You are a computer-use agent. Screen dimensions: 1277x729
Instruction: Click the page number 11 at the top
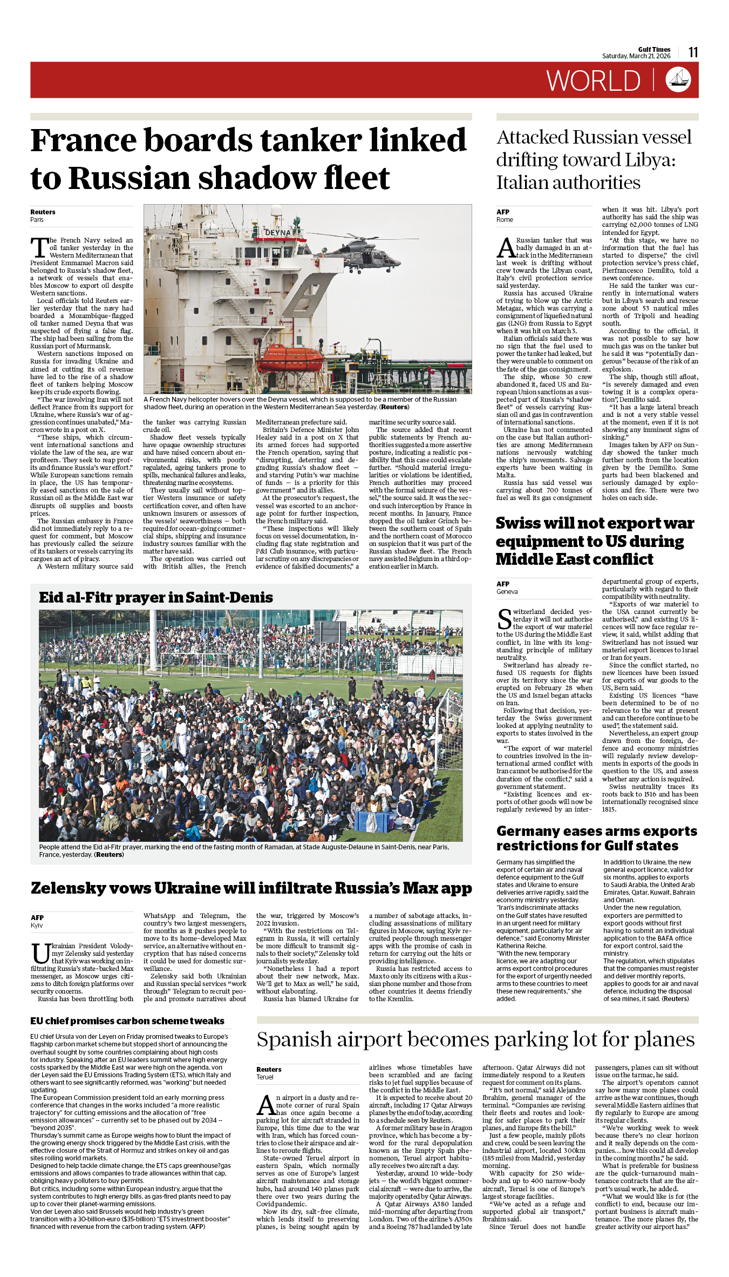(x=693, y=52)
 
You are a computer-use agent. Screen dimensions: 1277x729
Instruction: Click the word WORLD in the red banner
(x=593, y=81)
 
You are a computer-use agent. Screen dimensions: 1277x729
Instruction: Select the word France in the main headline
(x=84, y=140)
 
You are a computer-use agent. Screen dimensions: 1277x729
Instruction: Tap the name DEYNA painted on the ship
(x=278, y=233)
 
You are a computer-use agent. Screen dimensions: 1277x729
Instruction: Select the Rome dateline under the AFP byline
(x=505, y=220)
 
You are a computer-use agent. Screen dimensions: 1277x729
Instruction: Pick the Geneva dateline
(x=507, y=592)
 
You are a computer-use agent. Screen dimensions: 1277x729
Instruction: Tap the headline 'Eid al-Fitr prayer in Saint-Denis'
(x=156, y=597)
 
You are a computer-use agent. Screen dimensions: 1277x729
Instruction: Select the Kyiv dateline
(x=37, y=925)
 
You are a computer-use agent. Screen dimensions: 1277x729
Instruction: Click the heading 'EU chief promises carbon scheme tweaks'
(x=127, y=1021)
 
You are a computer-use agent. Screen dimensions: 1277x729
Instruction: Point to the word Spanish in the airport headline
(x=294, y=1040)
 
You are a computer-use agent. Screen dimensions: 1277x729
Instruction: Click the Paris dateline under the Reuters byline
(x=37, y=220)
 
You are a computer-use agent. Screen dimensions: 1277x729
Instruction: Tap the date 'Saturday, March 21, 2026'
(x=636, y=56)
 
